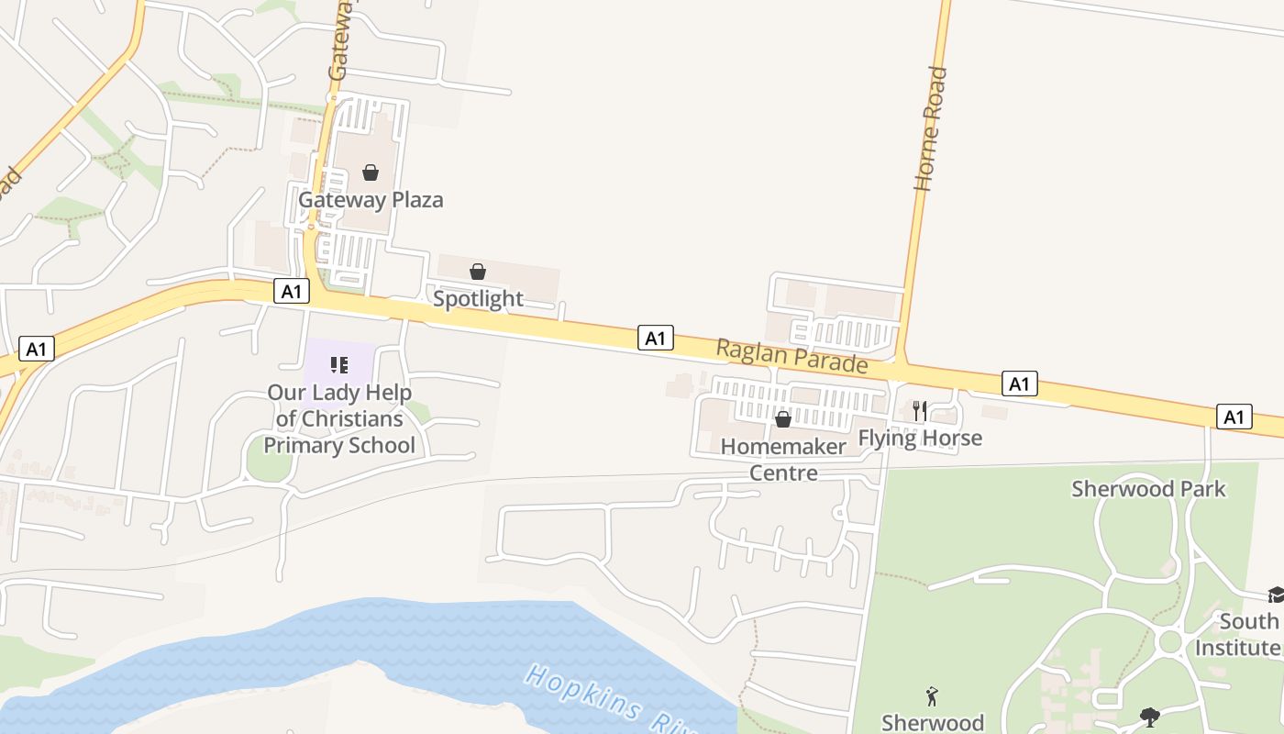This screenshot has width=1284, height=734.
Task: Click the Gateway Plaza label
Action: (x=371, y=199)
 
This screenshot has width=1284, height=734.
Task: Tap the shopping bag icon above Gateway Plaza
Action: (x=371, y=172)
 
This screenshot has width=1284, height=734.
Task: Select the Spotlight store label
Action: (x=478, y=298)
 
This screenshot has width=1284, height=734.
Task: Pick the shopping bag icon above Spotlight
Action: (x=478, y=272)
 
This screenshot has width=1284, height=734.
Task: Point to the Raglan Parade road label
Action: (x=791, y=356)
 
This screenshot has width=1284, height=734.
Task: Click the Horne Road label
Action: (x=931, y=128)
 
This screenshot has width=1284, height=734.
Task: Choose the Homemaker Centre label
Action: (x=783, y=459)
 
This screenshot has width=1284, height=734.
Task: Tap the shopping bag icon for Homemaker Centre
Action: (x=783, y=419)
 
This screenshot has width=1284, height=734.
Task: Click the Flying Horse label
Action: (x=920, y=438)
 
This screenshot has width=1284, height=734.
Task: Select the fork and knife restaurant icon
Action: (x=920, y=410)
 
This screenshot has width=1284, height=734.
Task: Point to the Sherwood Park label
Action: (x=1148, y=488)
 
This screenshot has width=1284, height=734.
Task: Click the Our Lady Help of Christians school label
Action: (x=339, y=418)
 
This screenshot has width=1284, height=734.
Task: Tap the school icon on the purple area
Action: (x=339, y=366)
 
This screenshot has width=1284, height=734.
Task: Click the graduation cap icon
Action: (x=1276, y=595)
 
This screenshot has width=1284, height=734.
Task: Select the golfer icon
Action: (x=933, y=697)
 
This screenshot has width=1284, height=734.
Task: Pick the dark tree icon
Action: (x=1149, y=717)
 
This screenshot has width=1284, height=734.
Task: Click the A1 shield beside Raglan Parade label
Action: (x=655, y=338)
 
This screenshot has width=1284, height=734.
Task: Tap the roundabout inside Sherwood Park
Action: (x=1169, y=641)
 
